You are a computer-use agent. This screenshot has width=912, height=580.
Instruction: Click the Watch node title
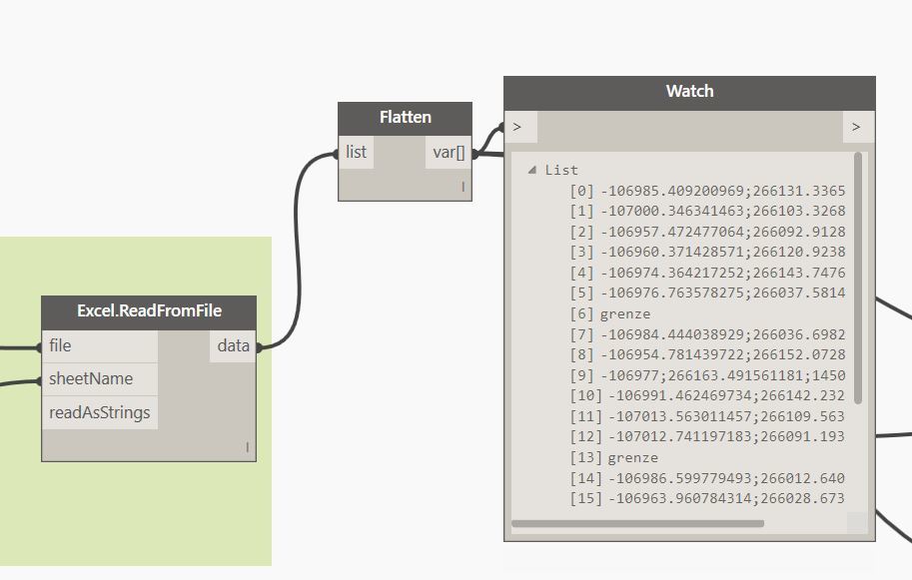tap(689, 92)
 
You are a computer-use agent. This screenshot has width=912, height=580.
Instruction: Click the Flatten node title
tap(405, 117)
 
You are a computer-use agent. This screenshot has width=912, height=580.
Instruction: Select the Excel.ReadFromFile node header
tap(149, 310)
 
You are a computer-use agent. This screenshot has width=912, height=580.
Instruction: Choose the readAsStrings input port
tap(99, 412)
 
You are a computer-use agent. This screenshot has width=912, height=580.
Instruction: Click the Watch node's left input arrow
tap(518, 127)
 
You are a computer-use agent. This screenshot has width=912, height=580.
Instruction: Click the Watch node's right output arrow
tap(856, 127)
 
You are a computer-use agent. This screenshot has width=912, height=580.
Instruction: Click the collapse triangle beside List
tap(531, 170)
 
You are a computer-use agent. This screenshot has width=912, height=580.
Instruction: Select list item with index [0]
tap(706, 191)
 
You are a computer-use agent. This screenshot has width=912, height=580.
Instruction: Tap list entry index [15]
tap(706, 498)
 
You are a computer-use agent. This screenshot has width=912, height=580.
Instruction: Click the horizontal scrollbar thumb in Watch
tap(637, 523)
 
